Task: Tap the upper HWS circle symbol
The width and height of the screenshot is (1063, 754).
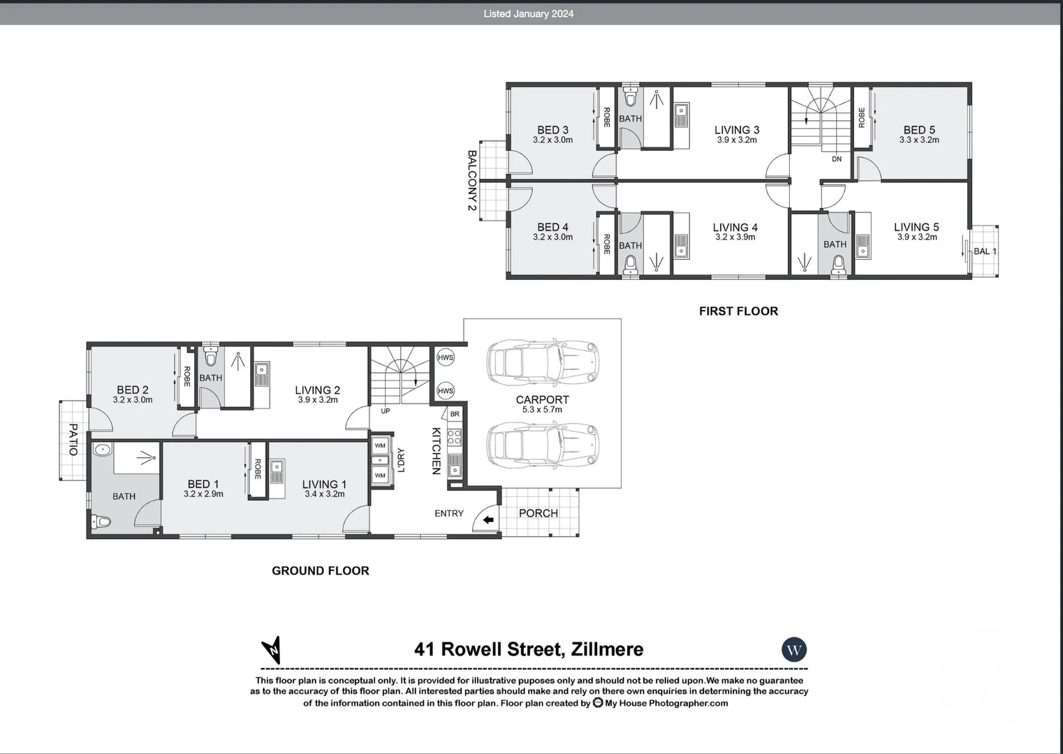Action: coord(446,357)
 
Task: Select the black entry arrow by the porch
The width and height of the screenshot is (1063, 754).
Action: coord(488,520)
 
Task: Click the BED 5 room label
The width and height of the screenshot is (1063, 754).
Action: coord(918,130)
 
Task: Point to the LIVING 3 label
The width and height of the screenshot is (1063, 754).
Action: coord(736,130)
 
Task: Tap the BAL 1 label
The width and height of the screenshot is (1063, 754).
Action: coord(985,251)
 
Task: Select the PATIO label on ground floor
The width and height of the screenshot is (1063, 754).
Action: coord(73,439)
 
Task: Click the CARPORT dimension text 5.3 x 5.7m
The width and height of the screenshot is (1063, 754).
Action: coord(542,410)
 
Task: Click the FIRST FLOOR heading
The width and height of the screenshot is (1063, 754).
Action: coord(738,311)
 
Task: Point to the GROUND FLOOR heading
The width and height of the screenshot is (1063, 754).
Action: coord(320,570)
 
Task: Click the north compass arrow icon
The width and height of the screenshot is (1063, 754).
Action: coord(271,650)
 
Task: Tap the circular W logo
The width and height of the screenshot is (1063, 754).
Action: coord(794,650)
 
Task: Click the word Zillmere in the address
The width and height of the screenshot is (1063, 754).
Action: coord(607,649)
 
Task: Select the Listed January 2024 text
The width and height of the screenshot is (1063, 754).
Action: coord(528,13)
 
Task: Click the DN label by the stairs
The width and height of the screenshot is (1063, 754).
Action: coord(837,159)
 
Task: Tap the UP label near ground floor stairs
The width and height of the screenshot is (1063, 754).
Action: coord(386,411)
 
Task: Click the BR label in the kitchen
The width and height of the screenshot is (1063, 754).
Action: coord(455,414)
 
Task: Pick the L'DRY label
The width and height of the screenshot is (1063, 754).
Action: coord(401,460)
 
